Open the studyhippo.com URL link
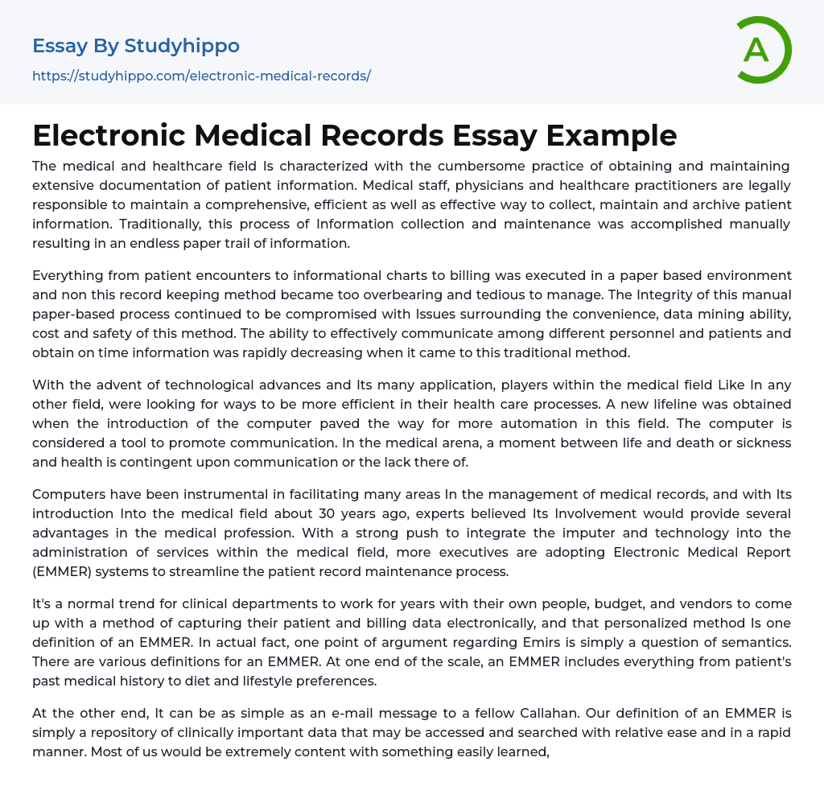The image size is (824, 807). pyautogui.click(x=201, y=76)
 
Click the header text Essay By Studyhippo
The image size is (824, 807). pyautogui.click(x=136, y=46)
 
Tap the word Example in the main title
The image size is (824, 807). pyautogui.click(x=612, y=135)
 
